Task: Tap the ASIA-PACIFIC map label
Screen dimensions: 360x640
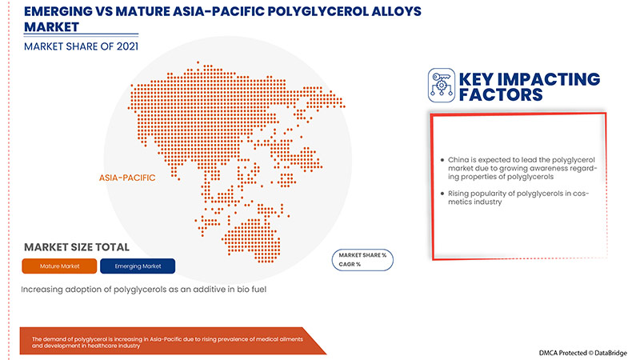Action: [127, 178]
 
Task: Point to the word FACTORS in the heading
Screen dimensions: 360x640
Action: [499, 95]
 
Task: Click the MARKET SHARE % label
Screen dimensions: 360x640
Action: [362, 254]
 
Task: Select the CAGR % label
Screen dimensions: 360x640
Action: [349, 264]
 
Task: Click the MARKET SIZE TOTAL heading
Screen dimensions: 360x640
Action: [77, 247]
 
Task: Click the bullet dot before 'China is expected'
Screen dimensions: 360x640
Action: [442, 160]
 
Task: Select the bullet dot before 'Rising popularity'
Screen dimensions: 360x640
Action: [442, 194]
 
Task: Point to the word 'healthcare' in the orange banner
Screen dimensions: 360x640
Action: [110, 346]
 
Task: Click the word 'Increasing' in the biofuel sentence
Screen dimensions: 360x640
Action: [46, 288]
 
